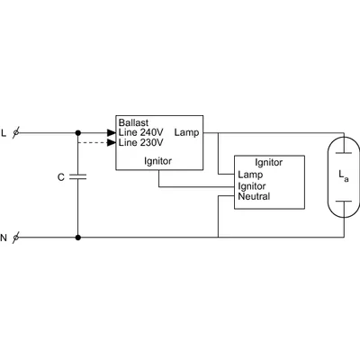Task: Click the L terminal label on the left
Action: (4, 133)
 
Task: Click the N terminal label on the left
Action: (4, 238)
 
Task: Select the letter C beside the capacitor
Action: (60, 177)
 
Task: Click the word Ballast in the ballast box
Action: (133, 122)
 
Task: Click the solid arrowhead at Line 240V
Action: (112, 133)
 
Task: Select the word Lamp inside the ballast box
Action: (189, 133)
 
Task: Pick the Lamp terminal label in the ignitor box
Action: (249, 175)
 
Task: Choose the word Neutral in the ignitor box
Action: (254, 195)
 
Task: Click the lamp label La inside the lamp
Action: (345, 178)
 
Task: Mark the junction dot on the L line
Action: (78, 133)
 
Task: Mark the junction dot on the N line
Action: (78, 238)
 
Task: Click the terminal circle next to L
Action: (17, 133)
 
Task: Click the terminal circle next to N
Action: (17, 238)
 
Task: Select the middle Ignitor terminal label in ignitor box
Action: (253, 185)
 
